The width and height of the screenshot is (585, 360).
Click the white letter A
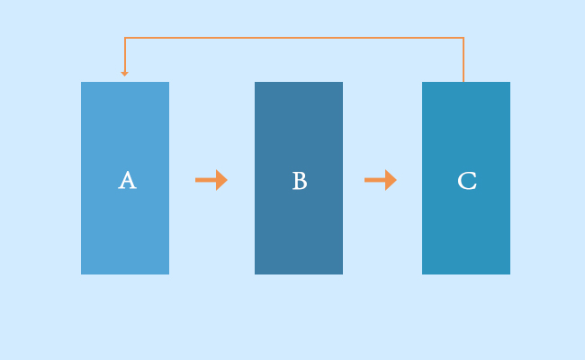[x=127, y=180]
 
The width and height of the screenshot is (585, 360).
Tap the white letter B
[x=300, y=181]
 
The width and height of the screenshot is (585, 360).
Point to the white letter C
[x=467, y=181]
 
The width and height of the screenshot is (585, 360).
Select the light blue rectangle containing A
[x=125, y=178]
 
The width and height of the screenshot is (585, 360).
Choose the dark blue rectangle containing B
[x=299, y=178]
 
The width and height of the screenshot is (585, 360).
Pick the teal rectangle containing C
[x=466, y=178]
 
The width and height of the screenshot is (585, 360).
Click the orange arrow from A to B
[x=211, y=180]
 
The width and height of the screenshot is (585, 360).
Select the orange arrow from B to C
[x=381, y=180]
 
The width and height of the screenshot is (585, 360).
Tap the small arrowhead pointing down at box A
[x=124, y=74]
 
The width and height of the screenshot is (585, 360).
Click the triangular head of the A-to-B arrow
[x=221, y=180]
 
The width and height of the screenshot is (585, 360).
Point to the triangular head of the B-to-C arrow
[x=391, y=180]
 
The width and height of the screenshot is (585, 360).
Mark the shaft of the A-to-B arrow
[x=205, y=180]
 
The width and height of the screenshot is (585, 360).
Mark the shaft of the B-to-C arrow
[x=375, y=180]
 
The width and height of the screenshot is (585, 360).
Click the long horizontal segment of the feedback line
[x=294, y=38]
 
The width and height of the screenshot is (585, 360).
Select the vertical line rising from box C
[x=463, y=59]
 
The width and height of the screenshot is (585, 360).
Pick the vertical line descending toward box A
[x=125, y=55]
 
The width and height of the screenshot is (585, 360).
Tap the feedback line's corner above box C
[x=463, y=38]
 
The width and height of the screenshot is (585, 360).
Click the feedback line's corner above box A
[x=125, y=38]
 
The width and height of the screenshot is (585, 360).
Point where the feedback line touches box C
[x=463, y=82]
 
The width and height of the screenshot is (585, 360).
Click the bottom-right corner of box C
[x=510, y=274]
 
